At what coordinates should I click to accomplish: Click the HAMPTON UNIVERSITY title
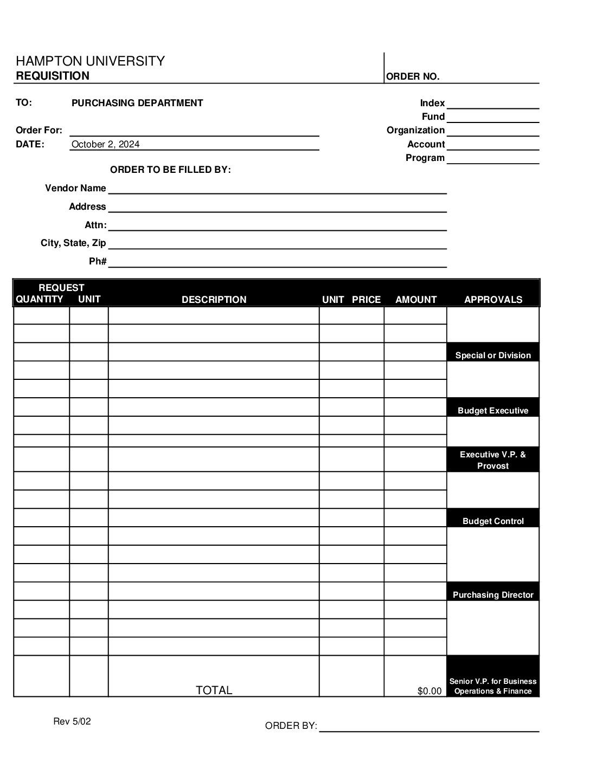90,61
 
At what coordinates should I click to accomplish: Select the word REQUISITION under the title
53,76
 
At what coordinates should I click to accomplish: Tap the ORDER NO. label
413,76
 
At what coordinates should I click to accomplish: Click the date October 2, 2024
106,144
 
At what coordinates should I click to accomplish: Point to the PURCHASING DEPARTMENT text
137,103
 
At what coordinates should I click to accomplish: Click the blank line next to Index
492,104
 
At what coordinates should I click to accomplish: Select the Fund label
433,117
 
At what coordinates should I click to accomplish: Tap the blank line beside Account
492,145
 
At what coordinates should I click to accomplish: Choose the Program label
425,158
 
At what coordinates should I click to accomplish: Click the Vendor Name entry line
277,189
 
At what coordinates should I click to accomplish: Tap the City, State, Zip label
73,243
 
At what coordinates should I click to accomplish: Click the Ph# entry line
277,262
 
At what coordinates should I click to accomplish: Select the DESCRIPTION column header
214,300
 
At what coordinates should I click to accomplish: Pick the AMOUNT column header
416,300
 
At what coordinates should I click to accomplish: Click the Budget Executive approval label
493,411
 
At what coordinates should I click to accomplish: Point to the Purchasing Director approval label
493,595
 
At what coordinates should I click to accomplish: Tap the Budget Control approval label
493,521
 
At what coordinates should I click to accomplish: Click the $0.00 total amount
429,691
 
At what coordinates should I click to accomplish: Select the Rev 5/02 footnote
72,721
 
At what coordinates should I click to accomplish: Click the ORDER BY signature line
429,727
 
